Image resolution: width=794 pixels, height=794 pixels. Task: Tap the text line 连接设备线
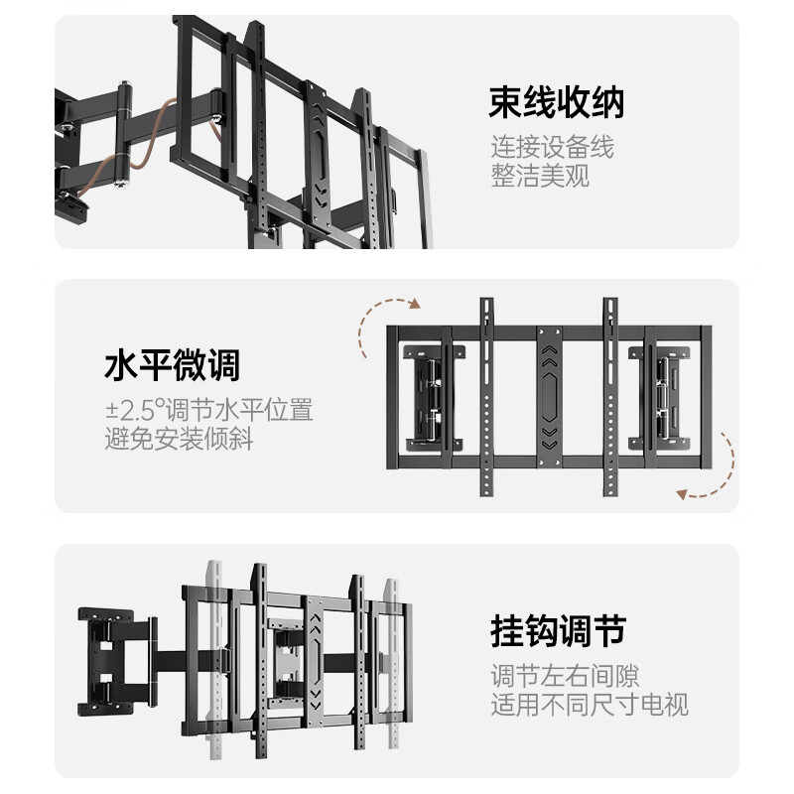click(x=552, y=147)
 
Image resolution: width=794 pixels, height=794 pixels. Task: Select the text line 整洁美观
click(x=539, y=177)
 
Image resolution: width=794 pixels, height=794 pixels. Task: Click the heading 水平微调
click(x=172, y=366)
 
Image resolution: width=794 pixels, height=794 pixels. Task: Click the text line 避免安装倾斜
click(x=178, y=438)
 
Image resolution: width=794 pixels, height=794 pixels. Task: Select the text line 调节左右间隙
click(x=565, y=676)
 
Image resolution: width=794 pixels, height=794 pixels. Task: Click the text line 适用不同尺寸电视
click(x=590, y=706)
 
